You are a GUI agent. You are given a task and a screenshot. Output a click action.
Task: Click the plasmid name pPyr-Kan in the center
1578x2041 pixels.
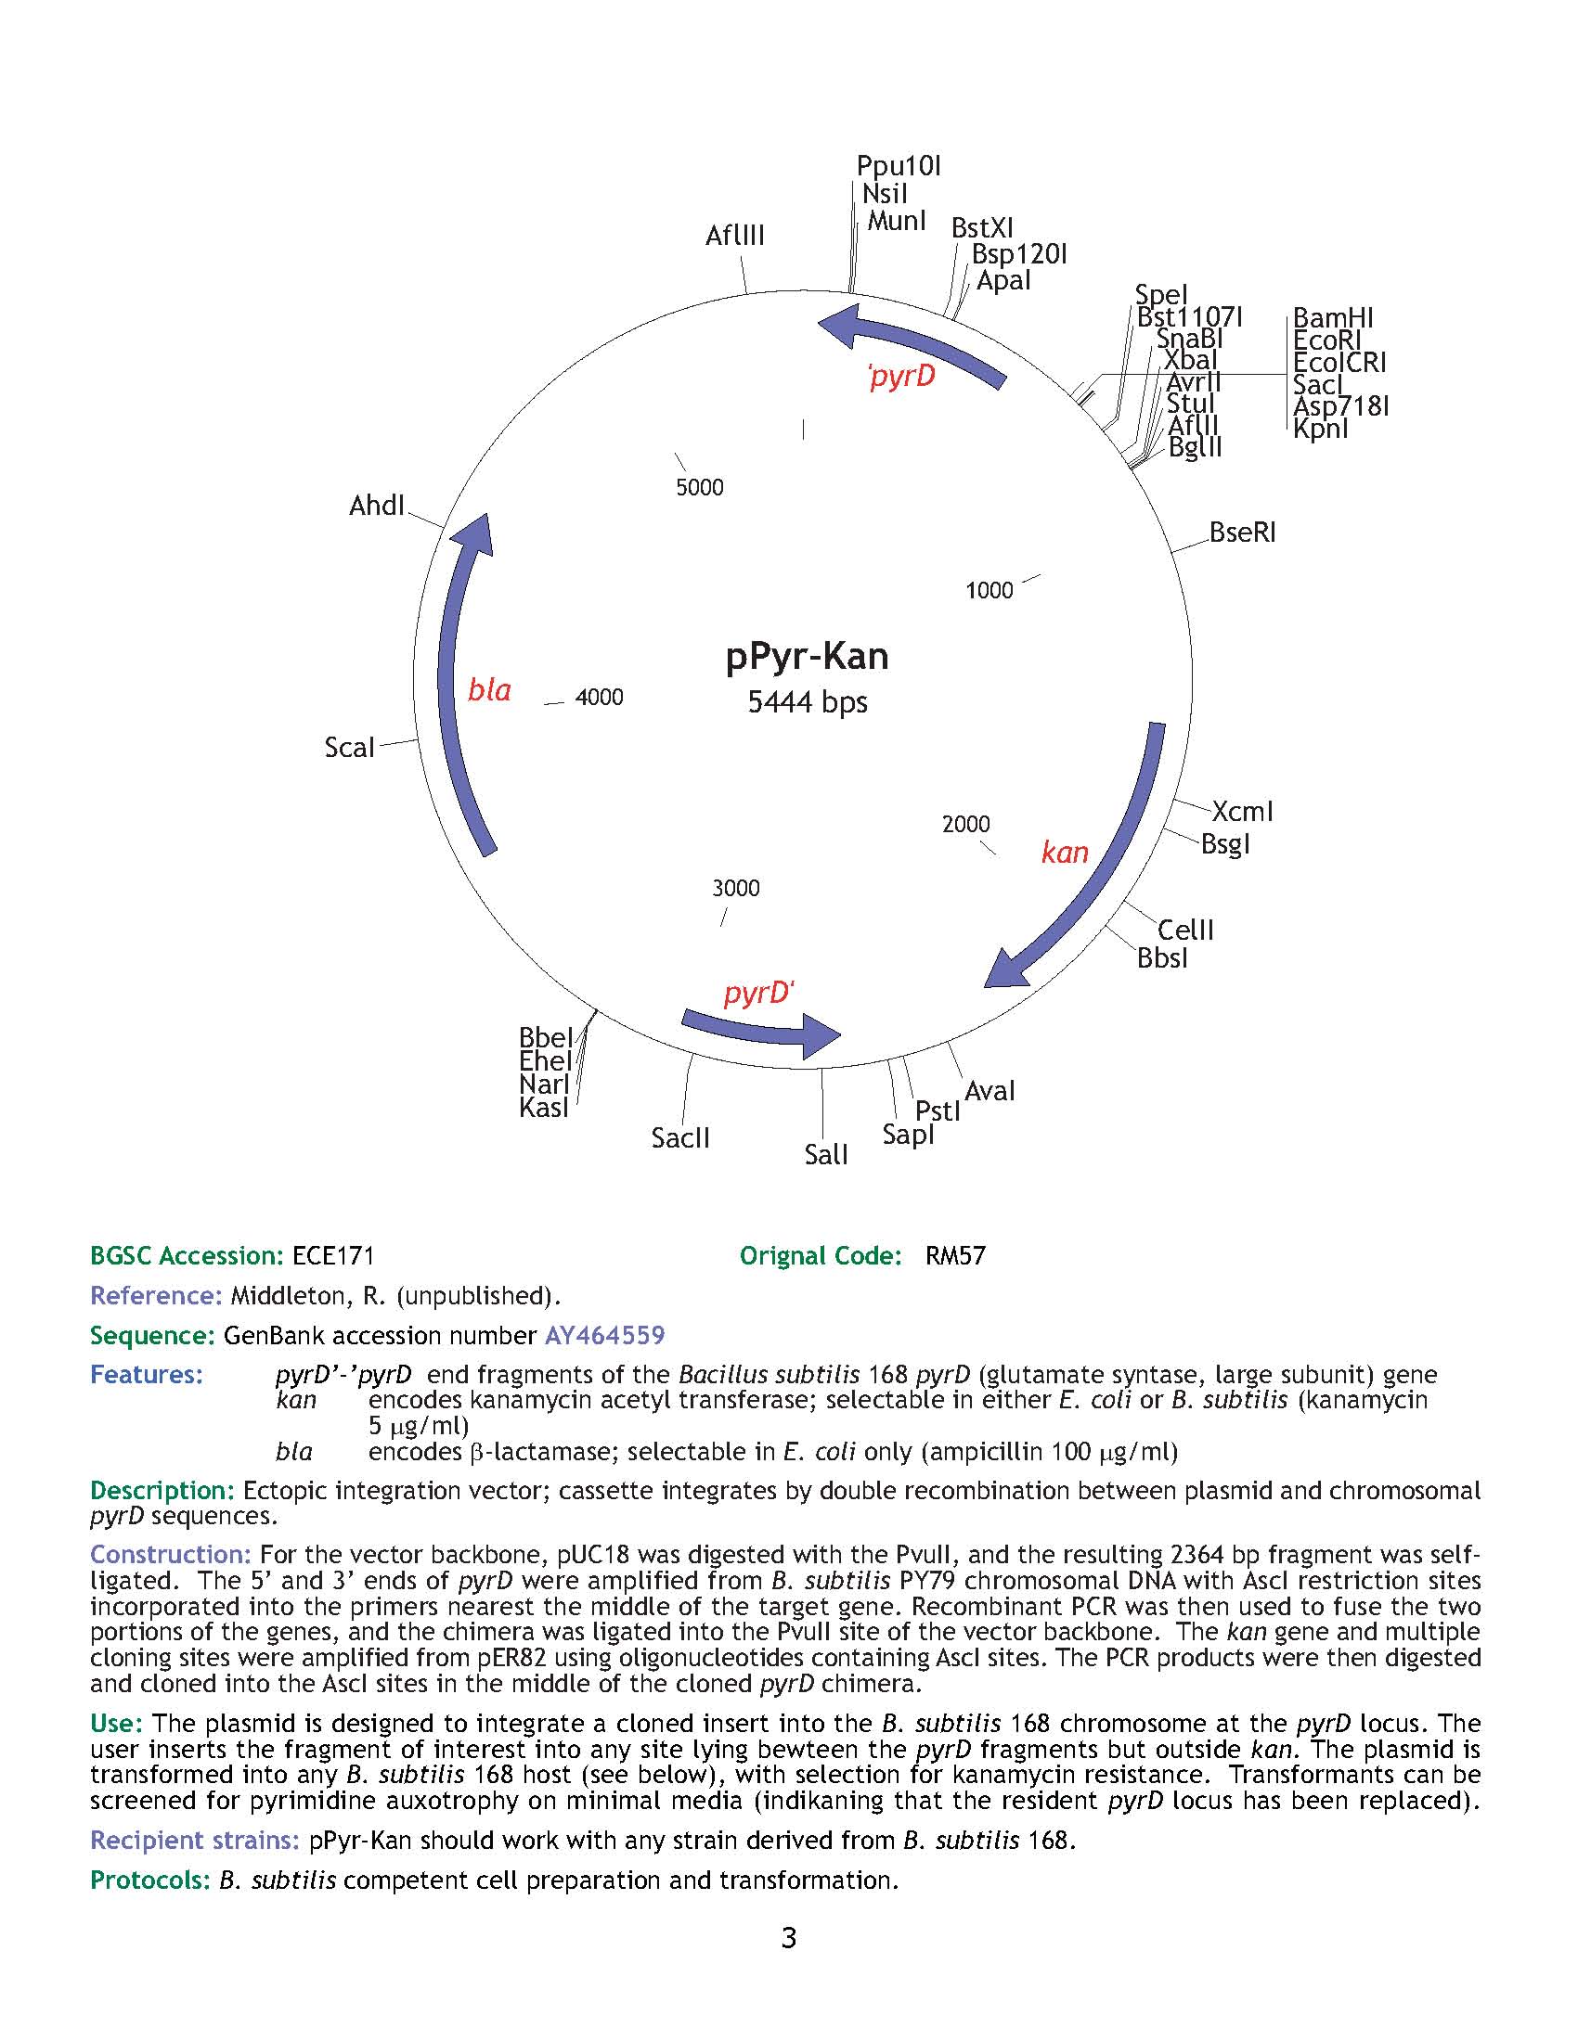807,657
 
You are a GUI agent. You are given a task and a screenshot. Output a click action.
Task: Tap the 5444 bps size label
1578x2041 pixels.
807,702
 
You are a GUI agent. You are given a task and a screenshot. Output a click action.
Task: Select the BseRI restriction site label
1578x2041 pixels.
1241,533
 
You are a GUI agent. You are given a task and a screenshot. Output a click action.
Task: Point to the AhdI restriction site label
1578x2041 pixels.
377,506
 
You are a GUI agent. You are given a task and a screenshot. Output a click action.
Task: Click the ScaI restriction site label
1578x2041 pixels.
349,748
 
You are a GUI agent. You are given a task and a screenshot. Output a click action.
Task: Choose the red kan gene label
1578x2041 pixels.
1065,853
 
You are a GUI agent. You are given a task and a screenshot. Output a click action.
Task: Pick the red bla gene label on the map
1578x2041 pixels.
489,690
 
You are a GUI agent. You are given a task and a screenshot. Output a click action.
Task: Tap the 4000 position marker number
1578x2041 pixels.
599,697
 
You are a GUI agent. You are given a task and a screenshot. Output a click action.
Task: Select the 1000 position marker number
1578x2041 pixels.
989,591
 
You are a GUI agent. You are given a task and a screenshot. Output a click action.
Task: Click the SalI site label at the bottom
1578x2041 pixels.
825,1155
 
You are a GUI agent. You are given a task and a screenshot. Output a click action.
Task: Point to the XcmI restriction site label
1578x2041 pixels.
1242,811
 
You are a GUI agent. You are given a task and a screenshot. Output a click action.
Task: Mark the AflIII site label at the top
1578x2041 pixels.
735,236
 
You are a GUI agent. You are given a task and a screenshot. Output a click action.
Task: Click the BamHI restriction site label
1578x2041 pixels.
1332,318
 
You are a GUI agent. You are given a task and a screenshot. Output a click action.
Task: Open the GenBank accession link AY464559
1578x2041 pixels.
604,1334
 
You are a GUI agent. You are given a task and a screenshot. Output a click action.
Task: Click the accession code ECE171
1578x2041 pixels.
333,1255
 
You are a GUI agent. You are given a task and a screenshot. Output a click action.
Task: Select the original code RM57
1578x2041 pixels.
955,1255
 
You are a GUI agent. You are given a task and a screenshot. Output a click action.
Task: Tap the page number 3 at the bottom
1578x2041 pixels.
788,1938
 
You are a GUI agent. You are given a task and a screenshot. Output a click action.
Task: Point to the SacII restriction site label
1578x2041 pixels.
680,1138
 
